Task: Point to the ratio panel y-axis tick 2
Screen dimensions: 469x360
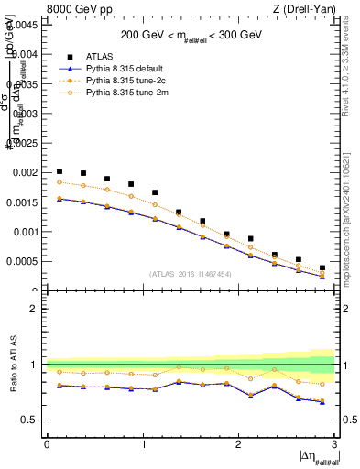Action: pos(35,309)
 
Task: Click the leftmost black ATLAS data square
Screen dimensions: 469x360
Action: pos(60,171)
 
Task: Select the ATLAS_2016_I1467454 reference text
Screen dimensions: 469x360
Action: pos(191,274)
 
